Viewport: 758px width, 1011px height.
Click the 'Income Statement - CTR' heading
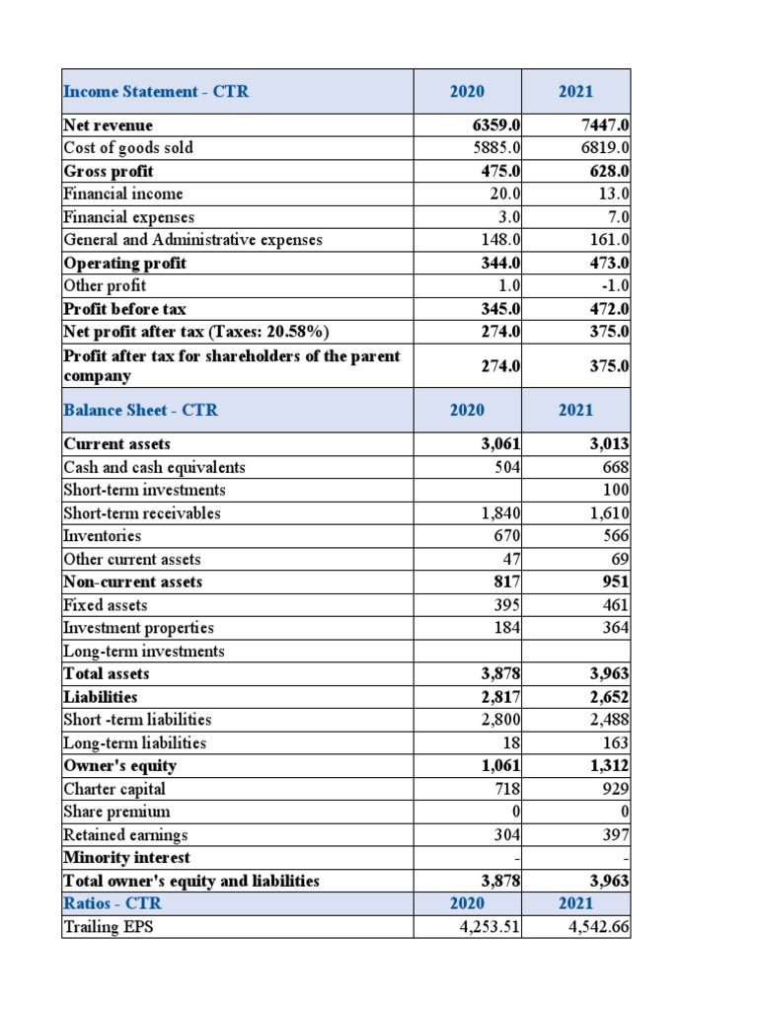click(x=156, y=92)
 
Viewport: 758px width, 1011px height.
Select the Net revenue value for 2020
click(x=498, y=125)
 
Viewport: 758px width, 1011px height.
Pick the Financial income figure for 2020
click(x=504, y=194)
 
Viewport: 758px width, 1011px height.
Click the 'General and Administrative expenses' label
click(x=192, y=240)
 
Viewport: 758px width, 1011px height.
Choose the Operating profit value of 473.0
click(x=608, y=264)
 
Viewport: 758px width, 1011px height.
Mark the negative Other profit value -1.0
click(x=613, y=286)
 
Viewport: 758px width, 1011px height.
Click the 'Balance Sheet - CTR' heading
click(x=140, y=410)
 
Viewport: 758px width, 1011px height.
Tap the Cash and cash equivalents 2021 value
click(x=616, y=467)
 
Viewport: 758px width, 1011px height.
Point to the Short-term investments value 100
click(x=616, y=490)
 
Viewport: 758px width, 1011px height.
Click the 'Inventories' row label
click(x=102, y=536)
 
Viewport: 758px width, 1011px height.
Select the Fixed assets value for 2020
click(x=506, y=605)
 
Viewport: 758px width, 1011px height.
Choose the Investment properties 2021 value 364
click(x=616, y=628)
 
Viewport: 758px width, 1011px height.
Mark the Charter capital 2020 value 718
click(x=506, y=789)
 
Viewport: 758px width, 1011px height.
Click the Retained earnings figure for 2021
click(x=616, y=835)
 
